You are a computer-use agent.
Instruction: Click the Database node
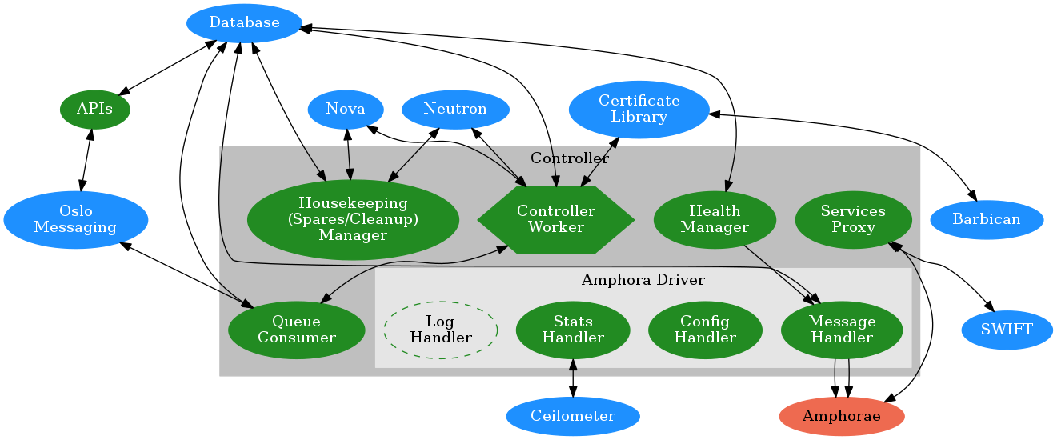pos(244,23)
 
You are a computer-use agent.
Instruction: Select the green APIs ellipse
pos(94,110)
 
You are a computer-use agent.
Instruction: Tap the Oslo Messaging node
pos(76,219)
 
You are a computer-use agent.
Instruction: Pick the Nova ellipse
pos(346,109)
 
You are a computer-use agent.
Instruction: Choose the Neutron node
pos(455,109)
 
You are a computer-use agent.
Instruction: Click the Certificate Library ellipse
pos(639,109)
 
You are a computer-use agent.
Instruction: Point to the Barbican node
pos(986,219)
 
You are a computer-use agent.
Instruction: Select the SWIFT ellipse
pos(1006,329)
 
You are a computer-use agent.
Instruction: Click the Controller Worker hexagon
pos(555,219)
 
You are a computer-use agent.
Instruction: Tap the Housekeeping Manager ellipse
pos(353,219)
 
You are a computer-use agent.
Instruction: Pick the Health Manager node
pos(715,219)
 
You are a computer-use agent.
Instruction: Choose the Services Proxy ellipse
pos(853,219)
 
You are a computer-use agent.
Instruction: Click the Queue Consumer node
pos(296,330)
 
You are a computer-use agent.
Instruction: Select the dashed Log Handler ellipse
pos(441,330)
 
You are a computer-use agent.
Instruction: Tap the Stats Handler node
pos(572,330)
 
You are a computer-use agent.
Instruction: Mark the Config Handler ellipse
pos(704,330)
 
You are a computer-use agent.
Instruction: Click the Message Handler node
pos(842,330)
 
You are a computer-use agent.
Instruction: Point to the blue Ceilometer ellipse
pos(572,416)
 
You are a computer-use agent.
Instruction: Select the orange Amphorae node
pos(841,416)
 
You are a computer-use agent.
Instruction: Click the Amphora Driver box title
pos(643,280)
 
